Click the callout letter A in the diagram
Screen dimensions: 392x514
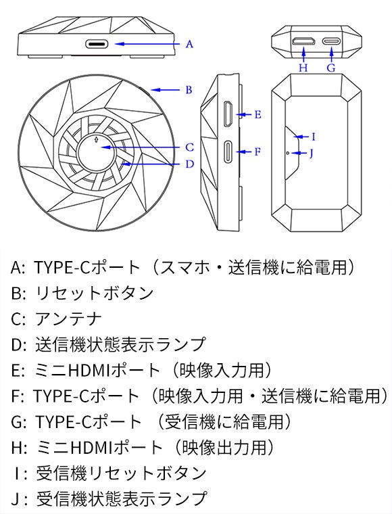[x=189, y=44]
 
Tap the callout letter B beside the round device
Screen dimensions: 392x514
[x=189, y=90]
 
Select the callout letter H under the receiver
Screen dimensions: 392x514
[x=303, y=68]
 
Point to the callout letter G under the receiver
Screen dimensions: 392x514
[x=331, y=68]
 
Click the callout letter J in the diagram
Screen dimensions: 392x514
[x=312, y=153]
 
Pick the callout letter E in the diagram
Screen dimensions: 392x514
[x=258, y=114]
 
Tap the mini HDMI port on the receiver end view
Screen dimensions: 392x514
[x=304, y=41]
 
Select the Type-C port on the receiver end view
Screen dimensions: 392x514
[x=331, y=41]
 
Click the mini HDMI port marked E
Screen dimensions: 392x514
[x=228, y=114]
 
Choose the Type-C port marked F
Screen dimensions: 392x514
[x=228, y=151]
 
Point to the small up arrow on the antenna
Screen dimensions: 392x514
[x=96, y=139]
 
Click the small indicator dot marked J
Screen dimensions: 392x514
[x=287, y=153]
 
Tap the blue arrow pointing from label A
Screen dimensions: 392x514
[x=147, y=44]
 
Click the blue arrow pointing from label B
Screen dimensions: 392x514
[x=166, y=90]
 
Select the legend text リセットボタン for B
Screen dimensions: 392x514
[x=95, y=293]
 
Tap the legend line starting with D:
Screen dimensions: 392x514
[x=108, y=344]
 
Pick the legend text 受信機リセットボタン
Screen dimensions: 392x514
[x=121, y=473]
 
